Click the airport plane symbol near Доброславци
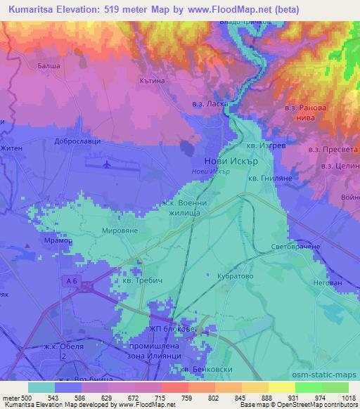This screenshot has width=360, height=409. pyautogui.click(x=107, y=165)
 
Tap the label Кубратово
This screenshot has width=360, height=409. pyautogui.click(x=236, y=276)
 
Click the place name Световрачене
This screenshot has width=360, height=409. pyautogui.click(x=296, y=247)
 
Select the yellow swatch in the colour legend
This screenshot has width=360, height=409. pyautogui.click(x=281, y=387)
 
